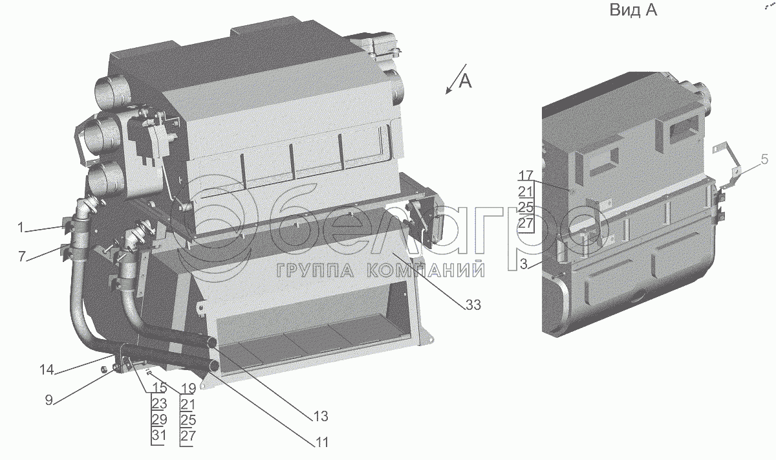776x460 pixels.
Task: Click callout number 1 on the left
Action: [21, 227]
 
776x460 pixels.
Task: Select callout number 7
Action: [21, 257]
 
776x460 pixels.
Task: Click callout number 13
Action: [321, 415]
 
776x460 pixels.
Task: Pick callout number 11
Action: [321, 443]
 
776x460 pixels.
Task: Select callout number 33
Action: [473, 305]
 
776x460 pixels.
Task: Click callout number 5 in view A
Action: [764, 159]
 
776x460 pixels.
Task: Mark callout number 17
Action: [525, 175]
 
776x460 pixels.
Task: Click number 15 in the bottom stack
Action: [159, 388]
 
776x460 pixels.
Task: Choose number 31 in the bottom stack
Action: [159, 435]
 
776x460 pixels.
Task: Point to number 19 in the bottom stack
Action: [188, 388]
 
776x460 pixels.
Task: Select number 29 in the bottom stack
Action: [159, 419]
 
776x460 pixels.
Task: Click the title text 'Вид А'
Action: [632, 11]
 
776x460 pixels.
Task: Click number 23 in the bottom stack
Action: [159, 404]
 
